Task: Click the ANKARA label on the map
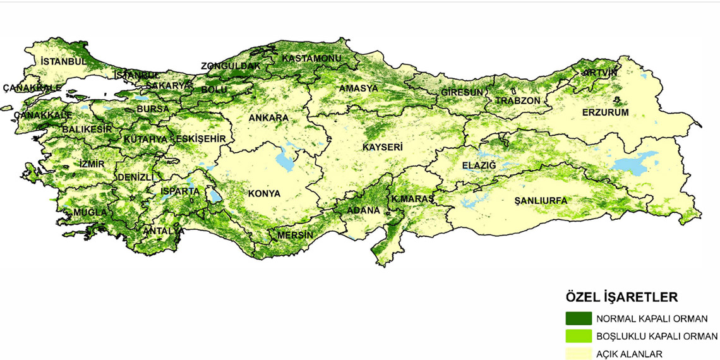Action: pos(268,118)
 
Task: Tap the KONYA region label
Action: pos(264,193)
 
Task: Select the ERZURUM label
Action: pos(606,112)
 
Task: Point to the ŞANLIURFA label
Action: pos(541,200)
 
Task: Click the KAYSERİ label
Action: pos(383,147)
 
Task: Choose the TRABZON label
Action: pos(518,100)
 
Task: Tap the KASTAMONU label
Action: pos(311,58)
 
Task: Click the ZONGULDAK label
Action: pos(231,66)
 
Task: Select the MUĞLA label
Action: pos(90,212)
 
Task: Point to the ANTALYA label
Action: pos(164,231)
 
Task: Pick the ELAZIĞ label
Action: pos(480,165)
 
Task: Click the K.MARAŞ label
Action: pos(412,199)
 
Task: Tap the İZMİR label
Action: pos(92,164)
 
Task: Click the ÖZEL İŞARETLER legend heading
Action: pos(621,297)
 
